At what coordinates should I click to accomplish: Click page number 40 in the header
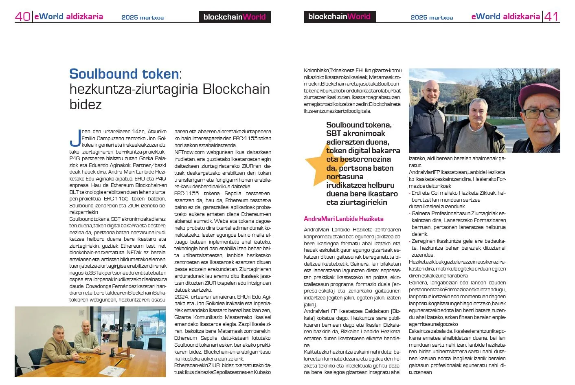pyautogui.click(x=22, y=16)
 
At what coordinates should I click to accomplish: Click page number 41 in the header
pyautogui.click(x=551, y=16)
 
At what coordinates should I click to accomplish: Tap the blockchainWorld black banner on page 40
pyautogui.click(x=235, y=17)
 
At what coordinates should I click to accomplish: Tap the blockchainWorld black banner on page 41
pyautogui.click(x=339, y=17)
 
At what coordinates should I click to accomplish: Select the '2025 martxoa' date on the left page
pyautogui.click(x=143, y=18)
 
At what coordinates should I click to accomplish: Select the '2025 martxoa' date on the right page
pyautogui.click(x=432, y=18)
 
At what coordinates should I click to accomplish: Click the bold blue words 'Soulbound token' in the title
pyautogui.click(x=124, y=74)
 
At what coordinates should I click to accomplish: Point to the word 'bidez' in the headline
pyautogui.click(x=86, y=104)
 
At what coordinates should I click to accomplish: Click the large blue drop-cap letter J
pyautogui.click(x=75, y=138)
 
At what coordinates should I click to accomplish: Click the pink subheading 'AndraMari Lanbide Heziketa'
pyautogui.click(x=343, y=219)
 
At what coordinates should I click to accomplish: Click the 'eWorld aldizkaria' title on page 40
pyautogui.click(x=68, y=17)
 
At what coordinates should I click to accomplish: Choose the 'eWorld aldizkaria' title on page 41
pyautogui.click(x=505, y=17)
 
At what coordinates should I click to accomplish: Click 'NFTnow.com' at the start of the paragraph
pyautogui.click(x=189, y=152)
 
